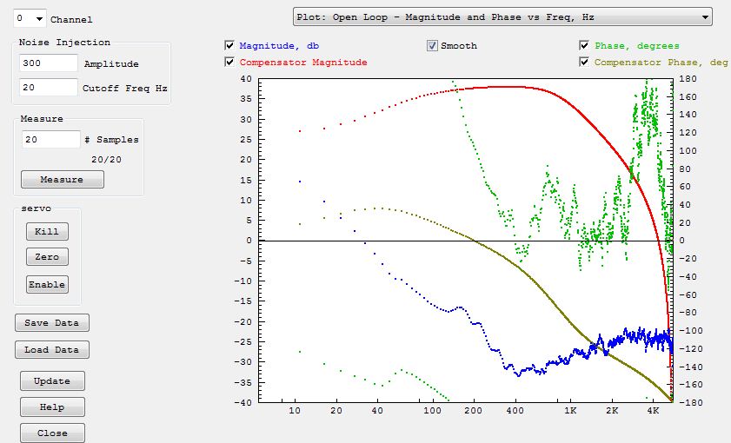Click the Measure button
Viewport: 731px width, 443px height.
tap(63, 180)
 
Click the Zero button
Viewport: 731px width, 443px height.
tap(47, 258)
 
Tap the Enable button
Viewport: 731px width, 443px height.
tap(47, 285)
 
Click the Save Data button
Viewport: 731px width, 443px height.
tap(51, 323)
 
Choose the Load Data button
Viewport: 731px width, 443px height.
tap(51, 350)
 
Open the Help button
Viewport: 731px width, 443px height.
tap(52, 407)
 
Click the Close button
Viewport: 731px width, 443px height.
tap(52, 433)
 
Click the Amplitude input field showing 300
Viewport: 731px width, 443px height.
tap(48, 63)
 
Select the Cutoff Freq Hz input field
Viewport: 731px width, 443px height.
tap(48, 88)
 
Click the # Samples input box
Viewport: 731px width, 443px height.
tap(50, 140)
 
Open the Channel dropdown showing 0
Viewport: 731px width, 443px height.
tap(30, 18)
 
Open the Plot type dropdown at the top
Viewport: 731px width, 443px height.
tap(502, 17)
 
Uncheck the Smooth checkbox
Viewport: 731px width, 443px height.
tap(432, 46)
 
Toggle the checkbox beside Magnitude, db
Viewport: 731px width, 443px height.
tap(229, 46)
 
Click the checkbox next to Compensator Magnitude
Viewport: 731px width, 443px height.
tap(229, 63)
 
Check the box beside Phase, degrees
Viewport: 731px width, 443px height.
tap(585, 46)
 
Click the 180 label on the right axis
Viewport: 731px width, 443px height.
tap(686, 80)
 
